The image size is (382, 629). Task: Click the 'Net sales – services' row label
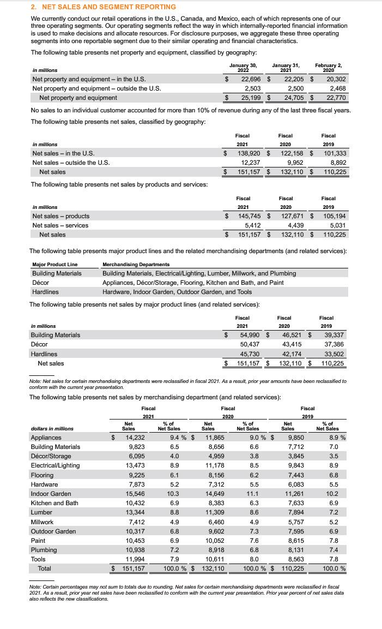pos(61,225)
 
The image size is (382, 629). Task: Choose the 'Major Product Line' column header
pos(55,264)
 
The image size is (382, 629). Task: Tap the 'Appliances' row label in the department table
pos(46,438)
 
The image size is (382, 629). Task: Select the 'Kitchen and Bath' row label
pos(54,502)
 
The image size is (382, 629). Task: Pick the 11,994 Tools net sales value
pos(135,559)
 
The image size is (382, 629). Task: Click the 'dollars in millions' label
pos(53,428)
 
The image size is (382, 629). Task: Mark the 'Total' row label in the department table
pos(45,568)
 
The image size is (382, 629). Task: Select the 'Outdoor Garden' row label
pos(53,531)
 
